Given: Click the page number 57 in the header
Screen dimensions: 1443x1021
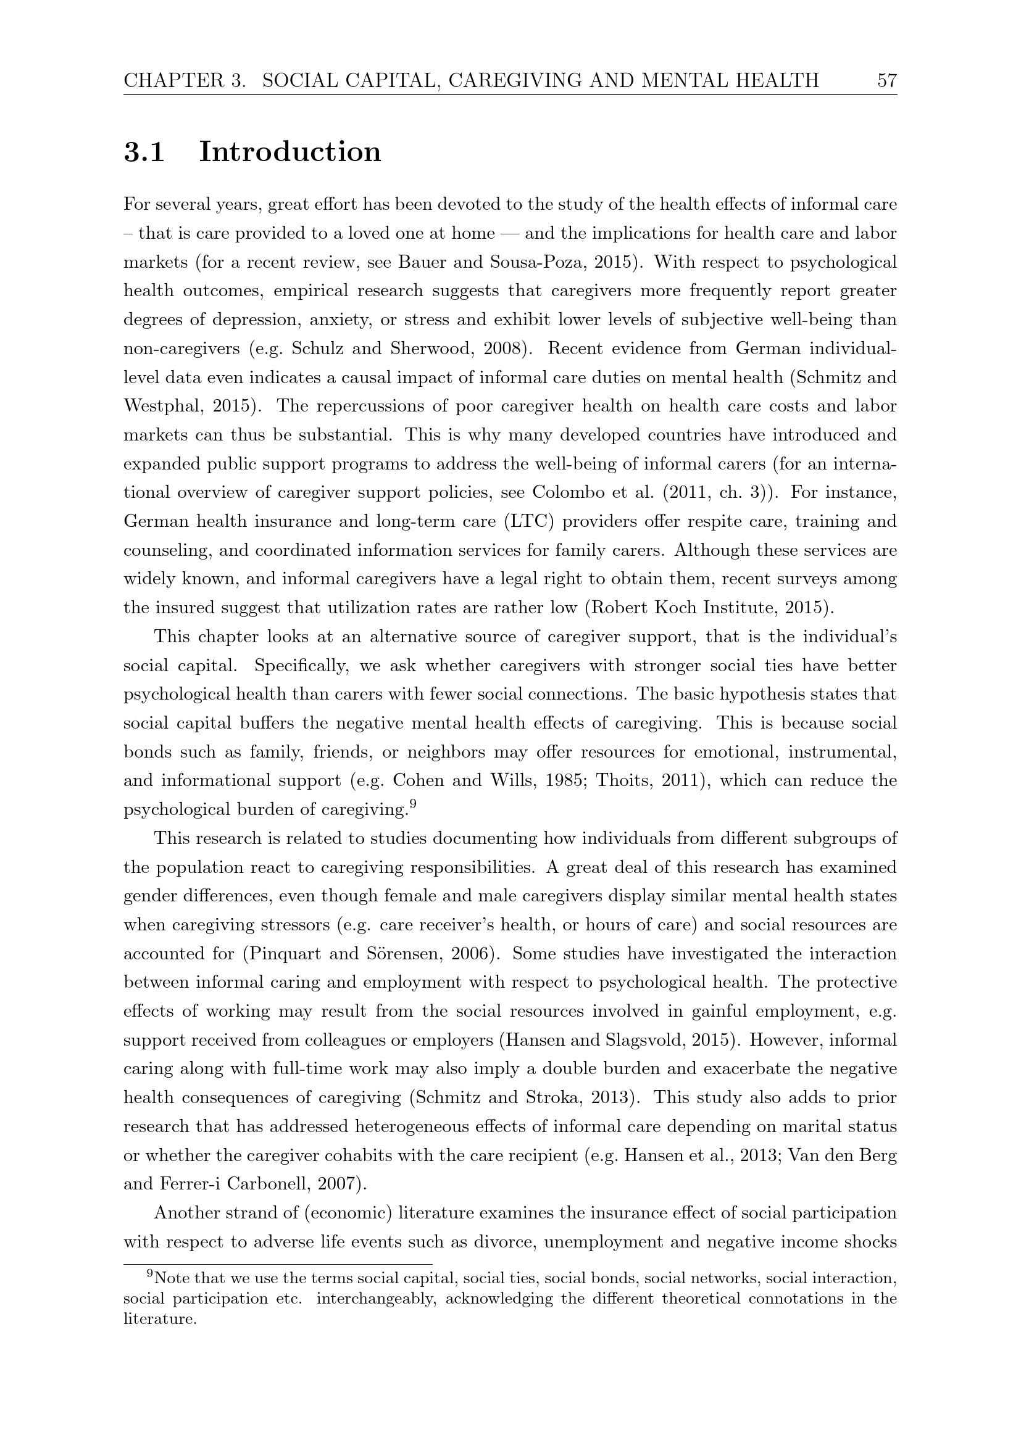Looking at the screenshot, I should coord(886,80).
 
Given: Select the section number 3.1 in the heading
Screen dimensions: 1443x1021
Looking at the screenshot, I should coord(144,152).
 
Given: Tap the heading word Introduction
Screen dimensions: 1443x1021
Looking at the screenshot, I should coord(290,152).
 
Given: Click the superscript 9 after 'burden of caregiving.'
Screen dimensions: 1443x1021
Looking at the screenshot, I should coord(412,803).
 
